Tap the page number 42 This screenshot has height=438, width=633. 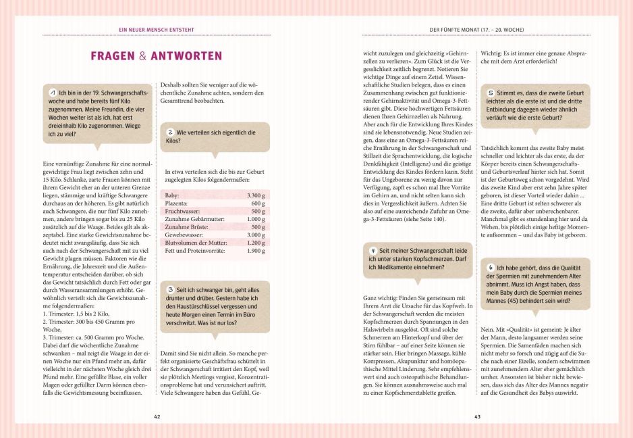coord(157,417)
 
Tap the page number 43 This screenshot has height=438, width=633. coord(476,417)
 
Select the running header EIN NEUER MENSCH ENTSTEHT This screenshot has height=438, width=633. coord(156,30)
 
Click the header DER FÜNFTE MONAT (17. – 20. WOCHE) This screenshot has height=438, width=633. coord(476,30)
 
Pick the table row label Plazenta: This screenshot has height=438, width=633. coord(177,203)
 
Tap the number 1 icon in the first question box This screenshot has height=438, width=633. coord(53,92)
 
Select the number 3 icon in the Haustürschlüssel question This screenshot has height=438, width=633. coord(171,289)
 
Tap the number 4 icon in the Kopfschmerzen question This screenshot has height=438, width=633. coord(374,249)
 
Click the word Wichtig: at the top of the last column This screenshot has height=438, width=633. coord(492,53)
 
